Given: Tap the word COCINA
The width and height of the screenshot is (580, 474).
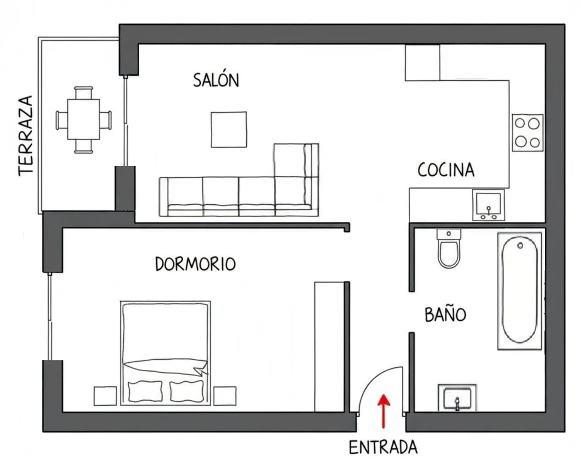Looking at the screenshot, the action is pos(446,170).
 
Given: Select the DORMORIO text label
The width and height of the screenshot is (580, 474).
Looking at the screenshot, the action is pos(195,264).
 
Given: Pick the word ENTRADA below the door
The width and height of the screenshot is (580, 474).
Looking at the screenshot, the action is pos(383,447).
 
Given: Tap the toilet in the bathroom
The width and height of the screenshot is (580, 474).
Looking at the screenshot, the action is pos(449,249).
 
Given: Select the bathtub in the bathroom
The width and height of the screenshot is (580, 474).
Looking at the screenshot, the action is pos(520,291).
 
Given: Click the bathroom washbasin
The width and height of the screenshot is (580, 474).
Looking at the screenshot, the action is pos(457,398).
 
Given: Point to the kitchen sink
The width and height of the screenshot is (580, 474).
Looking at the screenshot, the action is pos(488,205).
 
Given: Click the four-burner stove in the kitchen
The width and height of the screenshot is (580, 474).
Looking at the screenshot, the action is pos(527,133).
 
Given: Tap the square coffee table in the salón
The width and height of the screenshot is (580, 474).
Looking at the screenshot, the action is pos(229,129).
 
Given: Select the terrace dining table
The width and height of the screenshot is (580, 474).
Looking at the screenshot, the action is pos(84,119).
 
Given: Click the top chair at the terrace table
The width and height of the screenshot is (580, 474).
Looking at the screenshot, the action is pos(84,93).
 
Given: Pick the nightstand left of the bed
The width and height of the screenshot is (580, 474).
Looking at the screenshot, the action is pos(105,396).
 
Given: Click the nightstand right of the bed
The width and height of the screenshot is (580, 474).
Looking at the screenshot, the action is pos(225,396).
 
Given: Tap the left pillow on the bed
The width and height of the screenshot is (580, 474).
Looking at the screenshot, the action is pos(145,391).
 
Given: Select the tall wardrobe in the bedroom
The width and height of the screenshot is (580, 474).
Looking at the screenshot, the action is pos(329,347).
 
